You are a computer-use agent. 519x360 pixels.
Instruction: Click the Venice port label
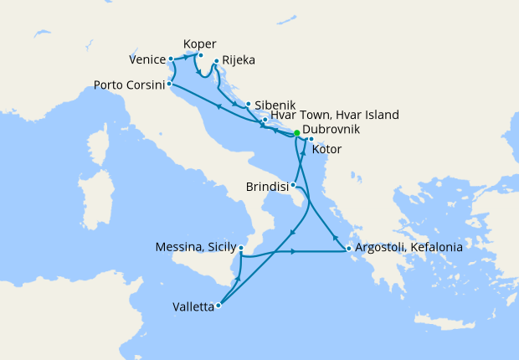click(147, 59)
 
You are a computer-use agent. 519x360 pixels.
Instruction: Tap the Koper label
click(199, 44)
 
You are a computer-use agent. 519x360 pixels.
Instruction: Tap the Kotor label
click(326, 150)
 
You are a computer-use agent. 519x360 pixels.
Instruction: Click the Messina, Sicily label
click(195, 248)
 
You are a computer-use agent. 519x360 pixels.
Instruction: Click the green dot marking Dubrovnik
click(296, 133)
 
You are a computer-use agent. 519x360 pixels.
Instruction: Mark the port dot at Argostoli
click(348, 249)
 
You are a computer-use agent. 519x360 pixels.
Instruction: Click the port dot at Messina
click(241, 248)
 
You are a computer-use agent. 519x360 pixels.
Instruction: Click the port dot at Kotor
click(311, 139)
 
